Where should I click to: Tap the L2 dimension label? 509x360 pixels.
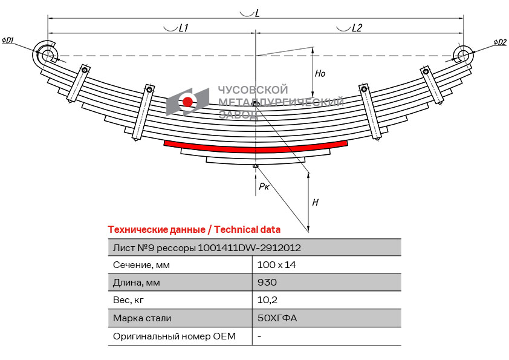(357, 28)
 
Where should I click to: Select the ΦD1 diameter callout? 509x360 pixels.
(8, 41)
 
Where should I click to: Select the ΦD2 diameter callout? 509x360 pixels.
(499, 42)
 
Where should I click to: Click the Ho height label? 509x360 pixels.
(320, 73)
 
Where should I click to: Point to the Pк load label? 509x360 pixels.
(264, 187)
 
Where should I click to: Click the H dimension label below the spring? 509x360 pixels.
(315, 203)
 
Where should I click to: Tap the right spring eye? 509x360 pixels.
(463, 56)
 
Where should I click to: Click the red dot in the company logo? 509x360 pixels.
(188, 102)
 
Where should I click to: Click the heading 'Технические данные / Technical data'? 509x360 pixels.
(194, 229)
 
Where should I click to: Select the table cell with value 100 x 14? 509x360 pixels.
(277, 265)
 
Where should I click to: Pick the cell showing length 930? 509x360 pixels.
(267, 283)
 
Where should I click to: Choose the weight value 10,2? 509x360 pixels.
(266, 300)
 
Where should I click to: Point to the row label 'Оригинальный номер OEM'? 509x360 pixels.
(174, 336)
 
